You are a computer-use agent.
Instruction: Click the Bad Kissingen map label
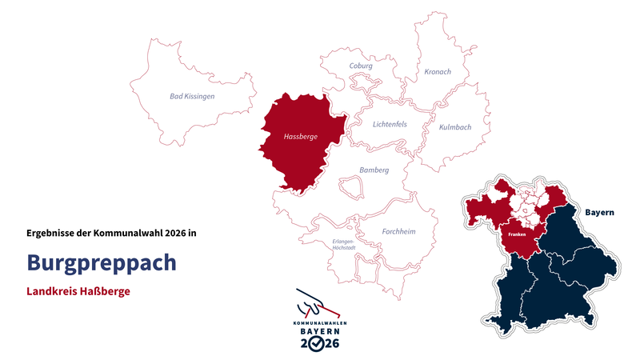pyautogui.click(x=192, y=96)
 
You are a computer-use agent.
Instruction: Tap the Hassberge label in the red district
pyautogui.click(x=300, y=137)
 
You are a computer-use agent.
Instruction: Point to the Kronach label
pyautogui.click(x=438, y=72)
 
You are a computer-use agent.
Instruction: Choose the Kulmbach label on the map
pyautogui.click(x=455, y=127)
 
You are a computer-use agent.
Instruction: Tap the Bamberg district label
pyautogui.click(x=374, y=170)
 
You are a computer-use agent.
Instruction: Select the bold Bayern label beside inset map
pyautogui.click(x=599, y=213)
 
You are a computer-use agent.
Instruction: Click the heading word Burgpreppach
pyautogui.click(x=102, y=262)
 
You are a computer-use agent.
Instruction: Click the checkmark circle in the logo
pyautogui.click(x=318, y=343)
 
